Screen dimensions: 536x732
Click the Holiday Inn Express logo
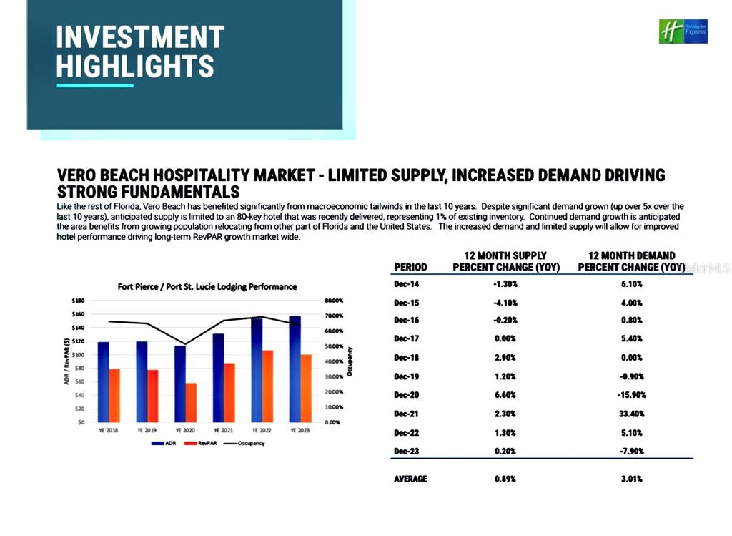pyautogui.click(x=683, y=31)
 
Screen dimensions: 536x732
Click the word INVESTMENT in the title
pyautogui.click(x=140, y=37)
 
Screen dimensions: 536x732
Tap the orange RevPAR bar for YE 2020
pyautogui.click(x=190, y=402)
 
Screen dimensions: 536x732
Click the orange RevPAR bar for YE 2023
pyautogui.click(x=306, y=388)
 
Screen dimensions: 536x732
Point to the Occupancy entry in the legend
pyautogui.click(x=247, y=444)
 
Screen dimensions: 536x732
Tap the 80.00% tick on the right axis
pyautogui.click(x=335, y=301)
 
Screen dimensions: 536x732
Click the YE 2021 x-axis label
pyautogui.click(x=224, y=431)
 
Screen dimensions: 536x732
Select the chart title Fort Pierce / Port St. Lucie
pyautogui.click(x=207, y=286)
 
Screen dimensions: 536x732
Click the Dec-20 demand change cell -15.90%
pyautogui.click(x=631, y=395)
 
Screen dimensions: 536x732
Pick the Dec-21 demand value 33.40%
pyautogui.click(x=632, y=414)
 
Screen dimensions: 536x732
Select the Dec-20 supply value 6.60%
pyautogui.click(x=505, y=395)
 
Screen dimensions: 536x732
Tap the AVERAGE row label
pyautogui.click(x=410, y=479)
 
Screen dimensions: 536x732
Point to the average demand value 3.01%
pyautogui.click(x=632, y=479)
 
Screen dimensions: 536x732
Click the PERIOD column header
pyautogui.click(x=410, y=267)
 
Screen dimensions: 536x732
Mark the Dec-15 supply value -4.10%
pyautogui.click(x=505, y=302)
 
